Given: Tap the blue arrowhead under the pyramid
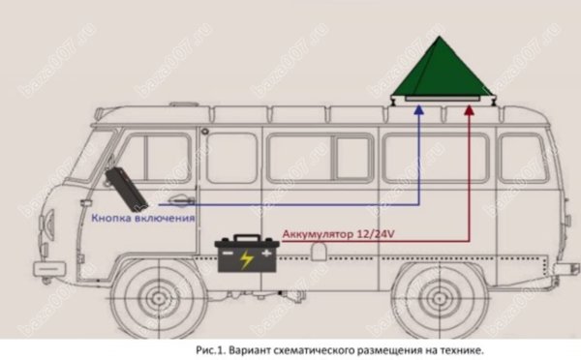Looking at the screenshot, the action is coord(419,109).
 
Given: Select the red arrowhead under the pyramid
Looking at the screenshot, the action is coord(469,109).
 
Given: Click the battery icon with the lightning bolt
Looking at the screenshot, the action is coord(247,254).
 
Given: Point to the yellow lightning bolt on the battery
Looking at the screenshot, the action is coord(246,259).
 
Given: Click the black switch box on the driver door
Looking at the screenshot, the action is coord(126,189).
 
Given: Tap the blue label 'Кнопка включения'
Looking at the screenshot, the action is coord(143,218).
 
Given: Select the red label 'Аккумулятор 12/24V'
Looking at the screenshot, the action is coord(338,234).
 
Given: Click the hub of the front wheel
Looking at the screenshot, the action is coord(159,298).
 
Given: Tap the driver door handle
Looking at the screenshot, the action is coord(181,200).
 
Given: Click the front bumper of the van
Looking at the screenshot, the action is coord(49,268).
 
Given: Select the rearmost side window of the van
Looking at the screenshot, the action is coord(523,159).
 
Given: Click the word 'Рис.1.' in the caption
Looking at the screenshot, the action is coord(210,350).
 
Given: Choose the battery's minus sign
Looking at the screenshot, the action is coord(228,254).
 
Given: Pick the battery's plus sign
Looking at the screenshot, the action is coord(266,254).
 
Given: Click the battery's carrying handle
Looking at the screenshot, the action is coord(247,238).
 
